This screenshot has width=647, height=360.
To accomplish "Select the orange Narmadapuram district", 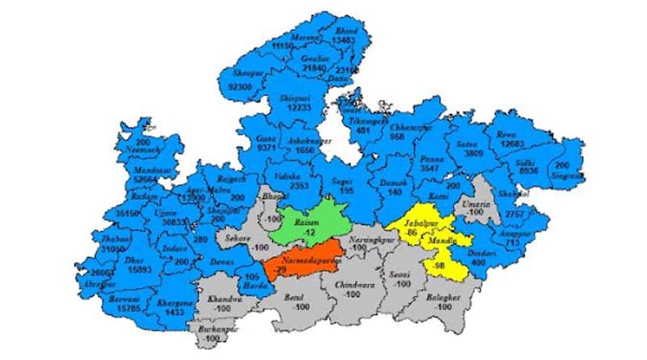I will (303, 260).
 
